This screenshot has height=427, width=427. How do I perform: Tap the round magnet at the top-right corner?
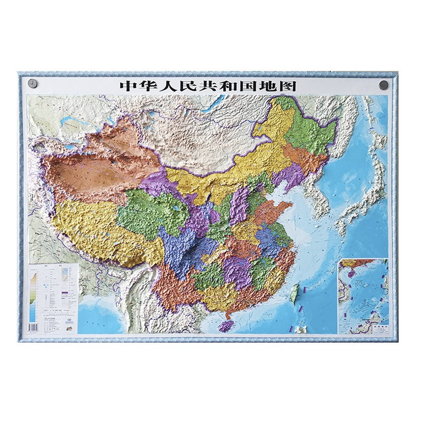(x=383, y=85)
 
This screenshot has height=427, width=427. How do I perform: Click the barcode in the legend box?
(x=33, y=326)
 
